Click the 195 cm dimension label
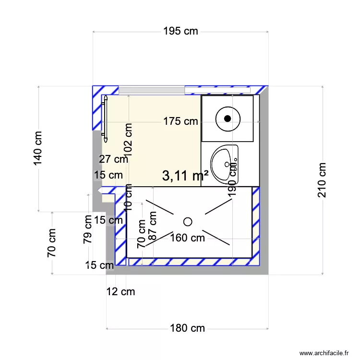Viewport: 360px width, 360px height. pos(180,32)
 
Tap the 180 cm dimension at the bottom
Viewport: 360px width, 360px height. pos(187,328)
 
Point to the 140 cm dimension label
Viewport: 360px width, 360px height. pos(38,148)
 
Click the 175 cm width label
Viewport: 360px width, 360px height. pos(180,121)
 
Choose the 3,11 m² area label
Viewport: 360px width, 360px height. pos(185,176)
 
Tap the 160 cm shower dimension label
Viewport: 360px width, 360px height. pos(187,237)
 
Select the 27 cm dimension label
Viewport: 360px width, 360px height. pos(113,159)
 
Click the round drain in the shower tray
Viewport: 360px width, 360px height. pos(188,221)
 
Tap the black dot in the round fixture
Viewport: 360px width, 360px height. pos(228,118)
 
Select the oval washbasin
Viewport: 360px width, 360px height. pos(225,164)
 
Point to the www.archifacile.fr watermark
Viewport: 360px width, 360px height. pos(324,353)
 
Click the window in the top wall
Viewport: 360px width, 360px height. pos(185,90)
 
